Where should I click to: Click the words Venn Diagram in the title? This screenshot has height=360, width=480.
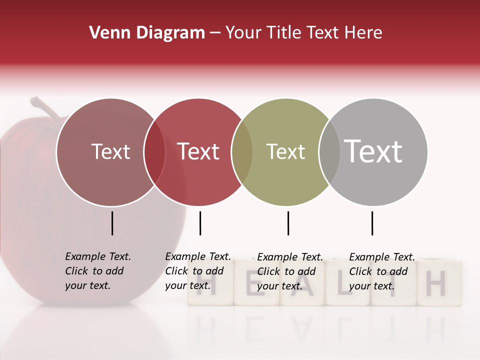[x=147, y=33]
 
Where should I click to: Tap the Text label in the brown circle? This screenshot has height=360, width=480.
[x=110, y=151]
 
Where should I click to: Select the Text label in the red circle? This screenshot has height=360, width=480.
[x=198, y=151]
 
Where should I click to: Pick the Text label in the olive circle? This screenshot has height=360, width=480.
[x=285, y=151]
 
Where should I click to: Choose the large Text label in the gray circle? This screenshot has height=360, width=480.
[x=373, y=151]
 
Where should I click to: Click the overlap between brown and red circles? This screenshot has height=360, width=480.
[x=154, y=152]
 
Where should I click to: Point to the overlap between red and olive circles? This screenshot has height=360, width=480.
[x=242, y=152]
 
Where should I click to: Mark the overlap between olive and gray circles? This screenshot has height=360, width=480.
[x=329, y=152]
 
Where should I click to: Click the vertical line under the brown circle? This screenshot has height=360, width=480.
[x=112, y=223]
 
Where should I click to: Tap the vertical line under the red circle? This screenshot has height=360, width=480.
[x=200, y=223]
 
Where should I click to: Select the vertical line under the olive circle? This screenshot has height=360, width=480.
[x=288, y=223]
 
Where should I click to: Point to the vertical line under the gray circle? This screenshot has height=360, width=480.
[x=372, y=223]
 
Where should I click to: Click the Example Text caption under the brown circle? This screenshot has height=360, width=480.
[x=97, y=271]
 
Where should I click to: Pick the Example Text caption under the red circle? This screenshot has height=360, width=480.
[x=197, y=271]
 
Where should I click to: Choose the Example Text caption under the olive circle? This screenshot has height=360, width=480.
[x=289, y=271]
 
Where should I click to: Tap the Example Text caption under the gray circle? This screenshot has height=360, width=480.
[x=381, y=271]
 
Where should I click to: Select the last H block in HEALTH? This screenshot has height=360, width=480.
[x=436, y=283]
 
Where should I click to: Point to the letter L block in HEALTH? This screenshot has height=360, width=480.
[x=347, y=283]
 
